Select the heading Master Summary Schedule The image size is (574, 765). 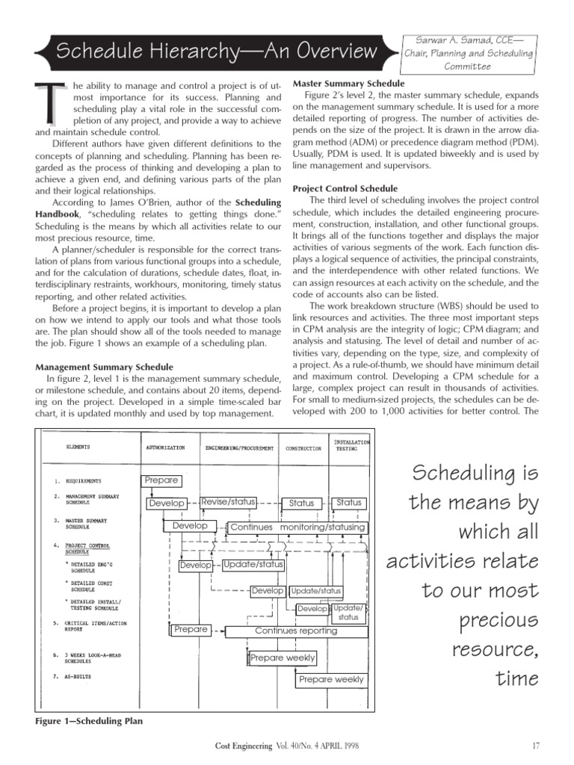(349, 84)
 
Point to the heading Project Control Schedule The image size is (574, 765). (345, 188)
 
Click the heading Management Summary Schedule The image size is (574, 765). (105, 367)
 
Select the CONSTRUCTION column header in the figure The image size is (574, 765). (303, 449)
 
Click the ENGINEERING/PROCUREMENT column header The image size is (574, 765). (235, 448)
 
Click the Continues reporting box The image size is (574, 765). (296, 631)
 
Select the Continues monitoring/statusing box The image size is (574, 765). (297, 527)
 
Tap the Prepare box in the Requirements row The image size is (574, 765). (161, 480)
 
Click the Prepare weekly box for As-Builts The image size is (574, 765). (331, 680)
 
